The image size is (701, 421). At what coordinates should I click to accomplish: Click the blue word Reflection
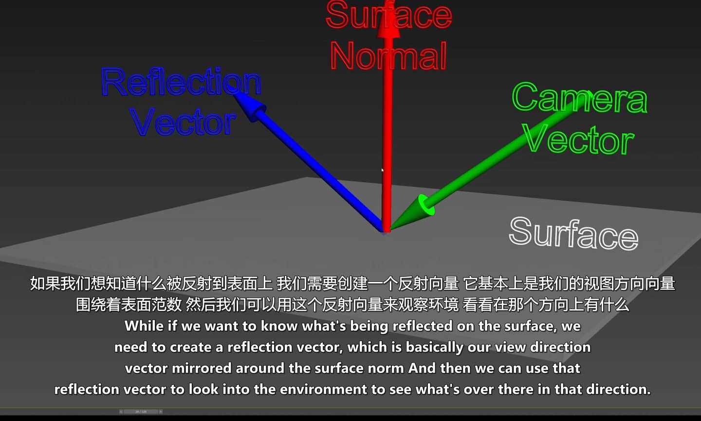pyautogui.click(x=181, y=82)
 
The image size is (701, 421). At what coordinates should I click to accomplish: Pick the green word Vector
pyautogui.click(x=578, y=139)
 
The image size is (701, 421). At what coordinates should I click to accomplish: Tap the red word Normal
pyautogui.click(x=388, y=56)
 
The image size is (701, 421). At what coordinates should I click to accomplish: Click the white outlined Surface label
pyautogui.click(x=573, y=233)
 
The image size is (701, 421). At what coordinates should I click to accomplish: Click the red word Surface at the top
pyautogui.click(x=388, y=15)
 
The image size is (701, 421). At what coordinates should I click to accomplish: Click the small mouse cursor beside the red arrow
pyautogui.click(x=382, y=170)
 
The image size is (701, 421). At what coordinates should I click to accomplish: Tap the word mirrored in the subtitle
pyautogui.click(x=202, y=368)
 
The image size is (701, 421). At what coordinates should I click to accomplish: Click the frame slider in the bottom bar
pyautogui.click(x=141, y=412)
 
